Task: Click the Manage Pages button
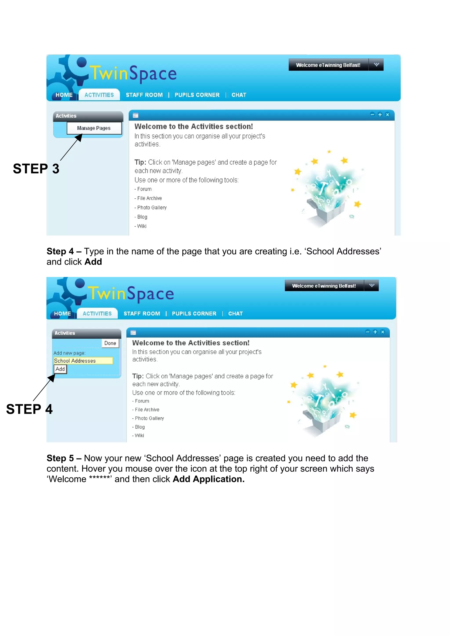tap(94, 128)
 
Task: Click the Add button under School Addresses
tap(60, 369)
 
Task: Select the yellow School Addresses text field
tap(83, 360)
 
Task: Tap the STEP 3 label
tap(36, 169)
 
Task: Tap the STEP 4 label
tap(29, 409)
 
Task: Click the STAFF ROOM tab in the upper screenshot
tap(144, 95)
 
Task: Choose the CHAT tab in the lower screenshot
tap(235, 314)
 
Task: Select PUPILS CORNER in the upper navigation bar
tap(197, 95)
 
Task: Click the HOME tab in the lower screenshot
tap(62, 314)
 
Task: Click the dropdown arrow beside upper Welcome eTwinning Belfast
tap(376, 65)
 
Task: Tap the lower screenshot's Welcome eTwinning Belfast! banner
tap(324, 286)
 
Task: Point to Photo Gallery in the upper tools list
tap(152, 207)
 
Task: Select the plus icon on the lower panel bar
tap(375, 332)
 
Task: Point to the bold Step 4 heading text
tap(60, 251)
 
